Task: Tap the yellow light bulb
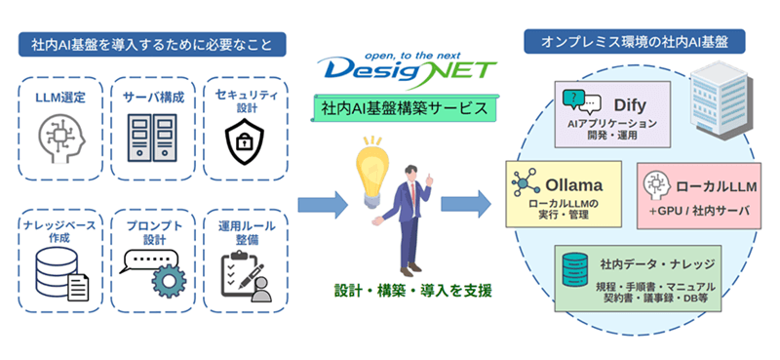tap(370, 173)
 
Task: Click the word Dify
tap(631, 105)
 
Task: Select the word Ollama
tap(574, 185)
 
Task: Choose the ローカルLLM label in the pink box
tap(717, 187)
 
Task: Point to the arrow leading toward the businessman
tap(323, 205)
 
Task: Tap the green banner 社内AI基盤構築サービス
tap(405, 108)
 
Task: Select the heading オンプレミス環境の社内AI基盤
tap(635, 42)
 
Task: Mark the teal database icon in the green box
tap(575, 269)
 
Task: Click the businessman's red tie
tap(411, 189)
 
